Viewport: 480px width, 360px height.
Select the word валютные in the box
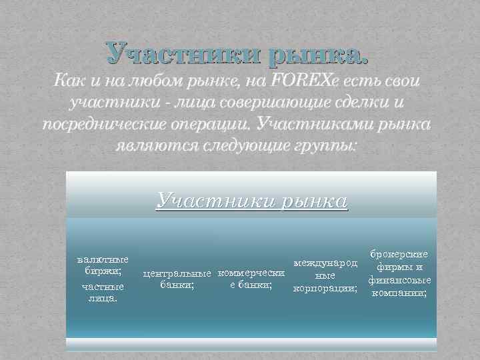pos(103,259)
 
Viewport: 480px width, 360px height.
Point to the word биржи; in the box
pos(103,271)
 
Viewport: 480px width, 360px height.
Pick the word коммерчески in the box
pos(251,273)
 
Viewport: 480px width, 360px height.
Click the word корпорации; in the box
pos(325,288)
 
